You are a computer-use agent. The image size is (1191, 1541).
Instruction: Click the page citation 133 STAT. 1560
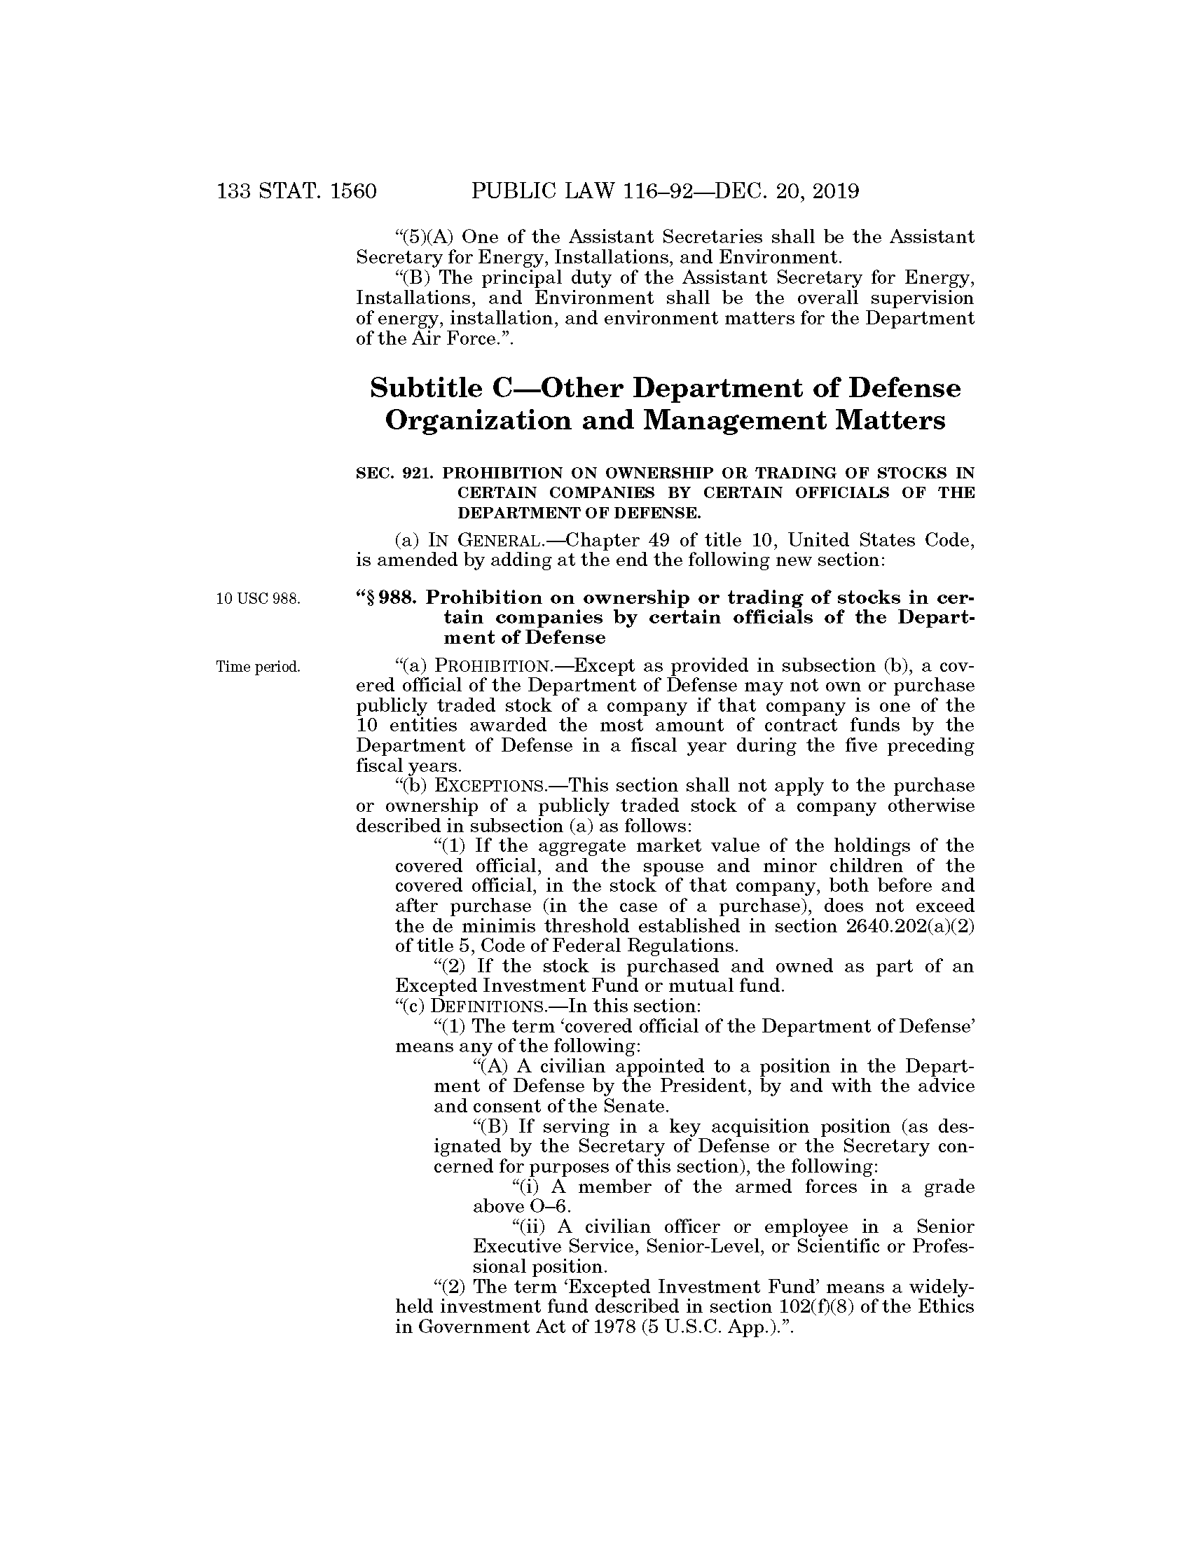[297, 191]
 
